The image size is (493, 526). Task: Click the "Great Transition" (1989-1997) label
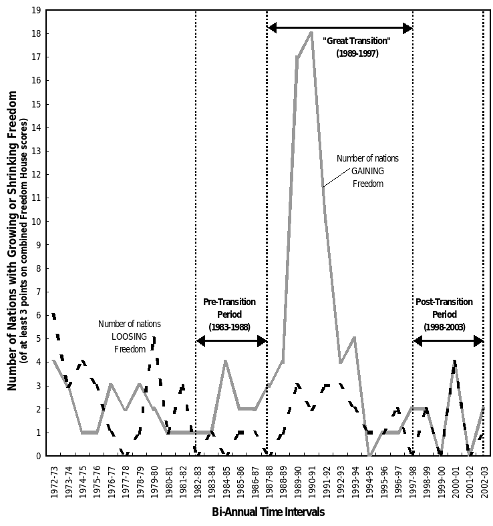(x=357, y=47)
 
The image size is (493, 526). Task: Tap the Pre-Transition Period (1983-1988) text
(x=229, y=314)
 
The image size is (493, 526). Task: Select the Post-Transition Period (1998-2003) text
(x=444, y=314)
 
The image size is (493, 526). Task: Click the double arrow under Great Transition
(x=340, y=28)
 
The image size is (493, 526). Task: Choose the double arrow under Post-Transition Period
(x=448, y=341)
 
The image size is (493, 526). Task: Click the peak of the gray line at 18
(x=311, y=33)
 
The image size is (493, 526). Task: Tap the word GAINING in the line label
(x=367, y=171)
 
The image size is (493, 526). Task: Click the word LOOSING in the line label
(x=129, y=336)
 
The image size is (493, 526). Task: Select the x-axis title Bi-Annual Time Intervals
(x=260, y=512)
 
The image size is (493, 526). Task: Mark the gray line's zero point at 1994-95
(x=369, y=455)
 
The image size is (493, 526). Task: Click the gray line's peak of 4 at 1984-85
(x=225, y=362)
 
